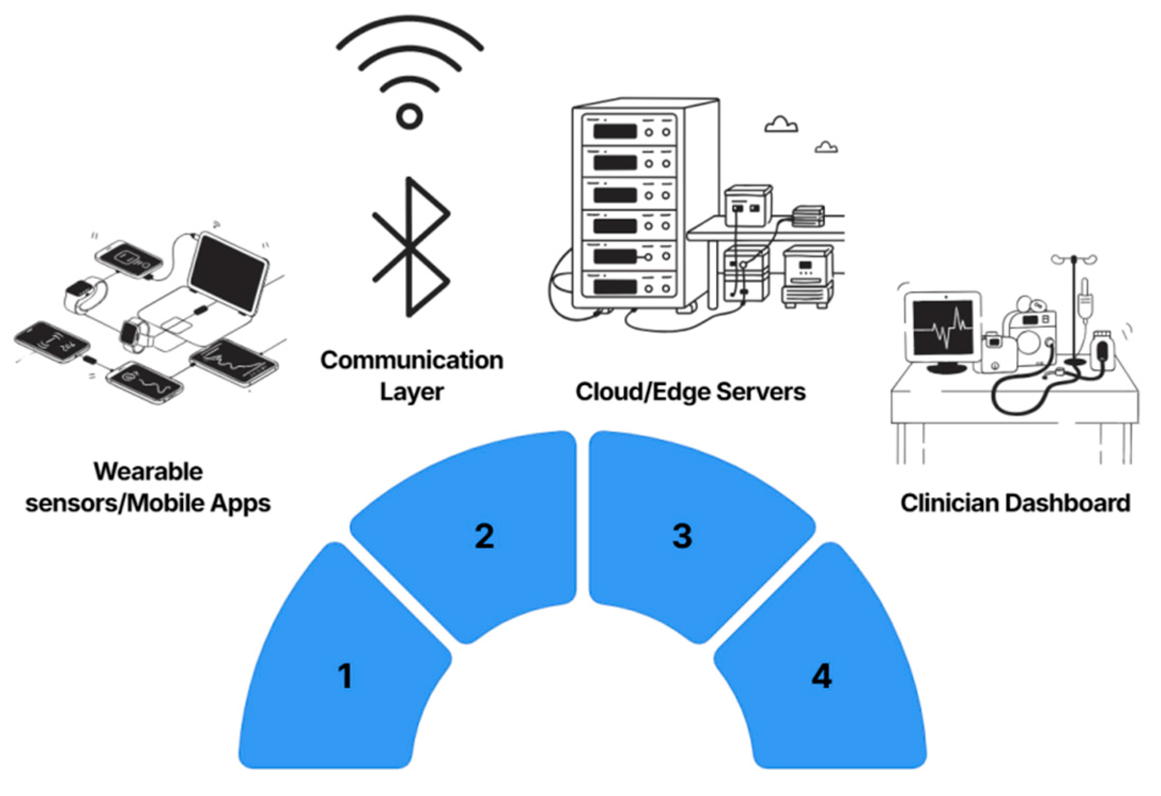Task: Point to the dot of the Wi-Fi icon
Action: pyautogui.click(x=409, y=116)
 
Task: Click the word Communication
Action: pyautogui.click(x=412, y=360)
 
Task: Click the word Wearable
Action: pyautogui.click(x=148, y=471)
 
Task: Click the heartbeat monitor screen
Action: pyautogui.click(x=944, y=327)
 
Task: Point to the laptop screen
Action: pyautogui.click(x=228, y=272)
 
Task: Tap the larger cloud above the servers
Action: pyautogui.click(x=781, y=124)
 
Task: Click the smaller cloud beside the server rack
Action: pyautogui.click(x=826, y=147)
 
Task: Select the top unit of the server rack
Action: pyautogui.click(x=629, y=130)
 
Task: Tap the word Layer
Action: pyautogui.click(x=412, y=392)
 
